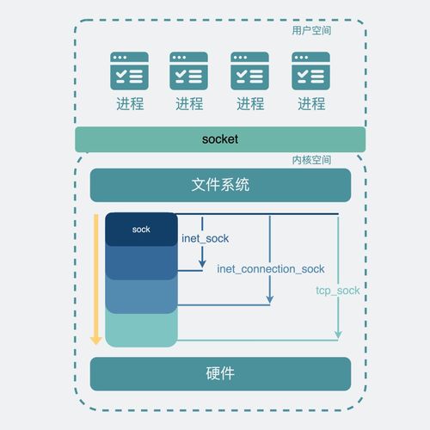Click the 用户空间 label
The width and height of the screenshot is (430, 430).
pyautogui.click(x=311, y=31)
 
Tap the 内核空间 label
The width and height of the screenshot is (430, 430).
pyautogui.click(x=311, y=160)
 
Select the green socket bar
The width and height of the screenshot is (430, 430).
pyautogui.click(x=220, y=139)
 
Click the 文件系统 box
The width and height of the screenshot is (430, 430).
pyautogui.click(x=220, y=185)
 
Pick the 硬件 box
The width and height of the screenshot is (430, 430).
pyautogui.click(x=220, y=374)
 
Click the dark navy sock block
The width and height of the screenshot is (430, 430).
pyautogui.click(x=141, y=230)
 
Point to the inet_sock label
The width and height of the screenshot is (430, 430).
pyautogui.click(x=206, y=237)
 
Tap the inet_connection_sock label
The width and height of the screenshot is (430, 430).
pyautogui.click(x=271, y=269)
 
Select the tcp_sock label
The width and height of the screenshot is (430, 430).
pyautogui.click(x=338, y=291)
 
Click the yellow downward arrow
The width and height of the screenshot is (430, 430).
pyautogui.click(x=96, y=279)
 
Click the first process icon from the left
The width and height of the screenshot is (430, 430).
pyautogui.click(x=129, y=71)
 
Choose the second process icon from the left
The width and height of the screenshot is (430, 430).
pyautogui.click(x=189, y=71)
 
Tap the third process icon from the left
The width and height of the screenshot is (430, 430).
pyautogui.click(x=250, y=71)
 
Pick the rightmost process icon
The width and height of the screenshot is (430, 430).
pyautogui.click(x=311, y=71)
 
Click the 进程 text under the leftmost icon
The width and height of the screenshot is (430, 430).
pyautogui.click(x=129, y=104)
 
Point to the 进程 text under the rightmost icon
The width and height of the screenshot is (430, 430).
pyautogui.click(x=311, y=104)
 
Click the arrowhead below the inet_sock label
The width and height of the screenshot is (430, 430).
pyautogui.click(x=203, y=262)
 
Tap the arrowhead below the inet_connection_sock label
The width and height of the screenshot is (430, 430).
pyautogui.click(x=270, y=299)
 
